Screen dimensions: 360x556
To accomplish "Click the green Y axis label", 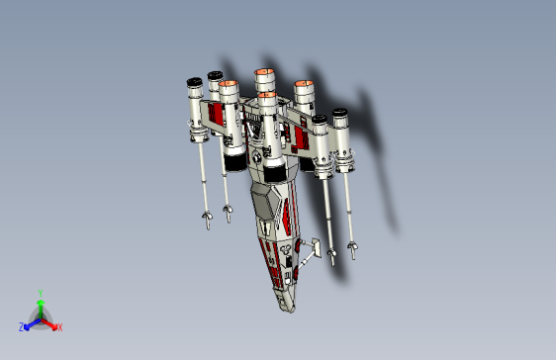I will click(40, 292).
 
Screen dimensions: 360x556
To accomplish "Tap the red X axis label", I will click(59, 326).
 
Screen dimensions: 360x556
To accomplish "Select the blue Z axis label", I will click(22, 326).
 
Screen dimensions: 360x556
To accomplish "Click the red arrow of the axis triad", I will click(51, 323).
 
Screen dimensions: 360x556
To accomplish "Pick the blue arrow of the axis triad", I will click(30, 323).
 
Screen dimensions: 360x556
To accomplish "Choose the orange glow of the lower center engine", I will click(267, 97).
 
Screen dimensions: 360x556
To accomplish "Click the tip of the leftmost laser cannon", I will click(208, 220).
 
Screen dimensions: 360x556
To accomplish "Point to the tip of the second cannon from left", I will click(229, 212).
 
